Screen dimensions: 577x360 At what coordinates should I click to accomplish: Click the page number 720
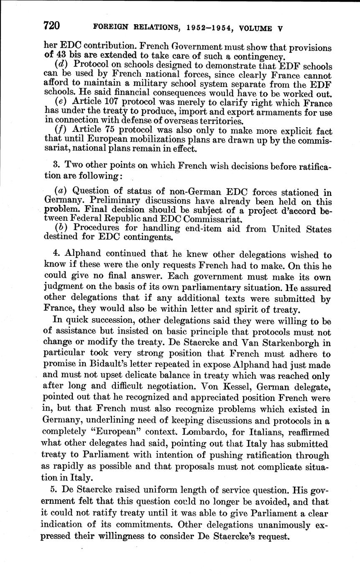[x=52, y=26]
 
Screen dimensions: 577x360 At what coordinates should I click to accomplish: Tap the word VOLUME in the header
[x=252, y=29]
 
